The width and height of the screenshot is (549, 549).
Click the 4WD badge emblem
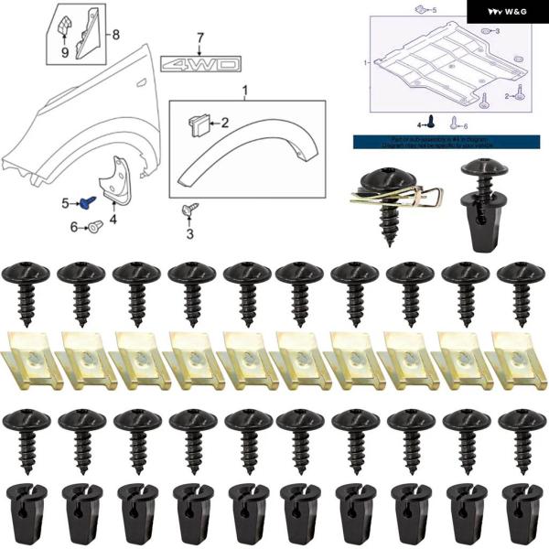(201, 65)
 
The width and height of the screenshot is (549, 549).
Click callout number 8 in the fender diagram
(115, 35)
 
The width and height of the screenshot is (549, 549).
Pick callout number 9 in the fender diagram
(65, 52)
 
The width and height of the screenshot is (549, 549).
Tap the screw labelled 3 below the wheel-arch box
(188, 211)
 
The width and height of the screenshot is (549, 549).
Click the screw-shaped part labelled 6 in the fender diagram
(92, 227)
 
